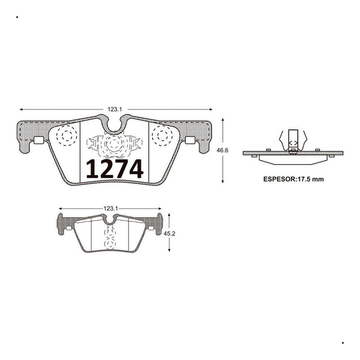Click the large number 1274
115,169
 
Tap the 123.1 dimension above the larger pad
115,109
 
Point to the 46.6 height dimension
222,150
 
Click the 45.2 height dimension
169,234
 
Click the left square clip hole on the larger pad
39,140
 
